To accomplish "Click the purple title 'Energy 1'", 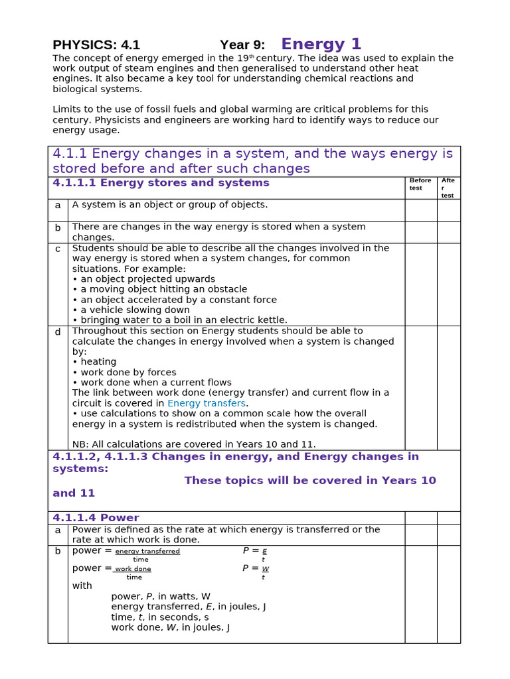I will (x=321, y=44).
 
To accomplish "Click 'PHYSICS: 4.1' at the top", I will (x=96, y=45).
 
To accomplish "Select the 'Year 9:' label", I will (x=242, y=45).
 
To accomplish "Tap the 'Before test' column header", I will (x=420, y=184).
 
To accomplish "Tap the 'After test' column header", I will (x=448, y=188).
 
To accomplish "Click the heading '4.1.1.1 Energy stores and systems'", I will (x=161, y=183).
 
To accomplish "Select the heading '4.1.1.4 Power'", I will (x=96, y=518).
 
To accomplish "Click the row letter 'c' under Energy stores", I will (x=58, y=249).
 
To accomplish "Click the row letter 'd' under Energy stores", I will (x=58, y=332).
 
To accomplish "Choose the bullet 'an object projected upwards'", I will (x=143, y=279).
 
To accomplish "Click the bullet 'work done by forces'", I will (x=124, y=372).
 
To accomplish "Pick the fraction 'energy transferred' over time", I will (x=147, y=552).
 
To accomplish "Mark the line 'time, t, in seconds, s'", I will (x=159, y=617).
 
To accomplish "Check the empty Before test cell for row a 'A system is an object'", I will (x=420, y=210).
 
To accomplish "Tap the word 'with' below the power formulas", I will (x=82, y=586).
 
